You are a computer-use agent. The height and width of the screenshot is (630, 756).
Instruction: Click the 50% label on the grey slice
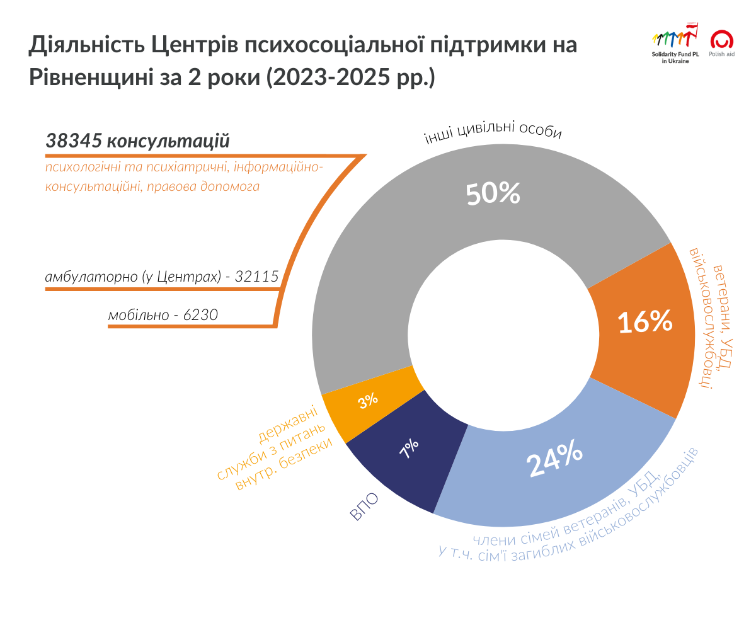pos(493,195)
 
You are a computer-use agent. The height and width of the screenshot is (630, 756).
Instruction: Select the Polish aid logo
pos(722,43)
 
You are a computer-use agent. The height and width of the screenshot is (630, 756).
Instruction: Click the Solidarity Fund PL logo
pos(675,43)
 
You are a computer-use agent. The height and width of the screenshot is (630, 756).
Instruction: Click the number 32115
pos(256,277)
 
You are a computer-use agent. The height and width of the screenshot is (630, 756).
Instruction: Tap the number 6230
pos(200,314)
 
